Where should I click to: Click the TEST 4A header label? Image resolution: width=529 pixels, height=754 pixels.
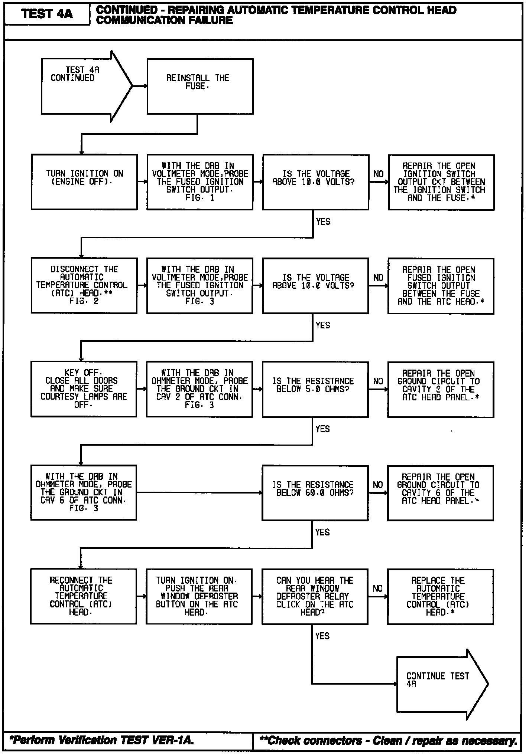pos(47,14)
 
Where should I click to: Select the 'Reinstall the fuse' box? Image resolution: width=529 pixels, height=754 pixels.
pos(200,86)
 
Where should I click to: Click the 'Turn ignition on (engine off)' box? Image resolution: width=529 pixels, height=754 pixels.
pos(84,182)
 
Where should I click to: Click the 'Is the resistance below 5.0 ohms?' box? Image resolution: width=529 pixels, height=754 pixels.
pos(315,389)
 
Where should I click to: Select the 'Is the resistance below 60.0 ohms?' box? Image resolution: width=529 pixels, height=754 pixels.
pos(315,493)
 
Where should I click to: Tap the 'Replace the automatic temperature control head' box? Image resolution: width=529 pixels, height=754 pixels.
pos(440,596)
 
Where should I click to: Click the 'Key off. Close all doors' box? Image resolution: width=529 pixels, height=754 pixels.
pos(84,389)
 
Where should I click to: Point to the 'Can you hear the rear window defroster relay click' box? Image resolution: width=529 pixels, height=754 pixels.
pos(315,596)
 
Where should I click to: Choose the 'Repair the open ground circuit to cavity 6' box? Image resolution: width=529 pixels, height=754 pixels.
pos(440,493)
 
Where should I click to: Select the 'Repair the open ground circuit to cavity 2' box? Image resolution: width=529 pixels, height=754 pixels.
pos(441,389)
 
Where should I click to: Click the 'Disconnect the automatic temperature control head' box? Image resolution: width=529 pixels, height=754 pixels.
pos(84,285)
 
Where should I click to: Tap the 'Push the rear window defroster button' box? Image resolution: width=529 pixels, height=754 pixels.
pos(199,596)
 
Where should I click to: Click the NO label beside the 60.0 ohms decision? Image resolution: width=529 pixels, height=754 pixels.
pos(378,485)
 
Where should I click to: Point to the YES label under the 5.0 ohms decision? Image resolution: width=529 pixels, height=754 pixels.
pos(322,429)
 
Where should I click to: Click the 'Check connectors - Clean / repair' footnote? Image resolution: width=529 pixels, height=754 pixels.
pos(388,740)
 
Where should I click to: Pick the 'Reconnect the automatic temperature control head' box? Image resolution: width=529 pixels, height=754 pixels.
pos(84,596)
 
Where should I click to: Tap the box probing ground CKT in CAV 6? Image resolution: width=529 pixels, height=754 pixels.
pos(84,493)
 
